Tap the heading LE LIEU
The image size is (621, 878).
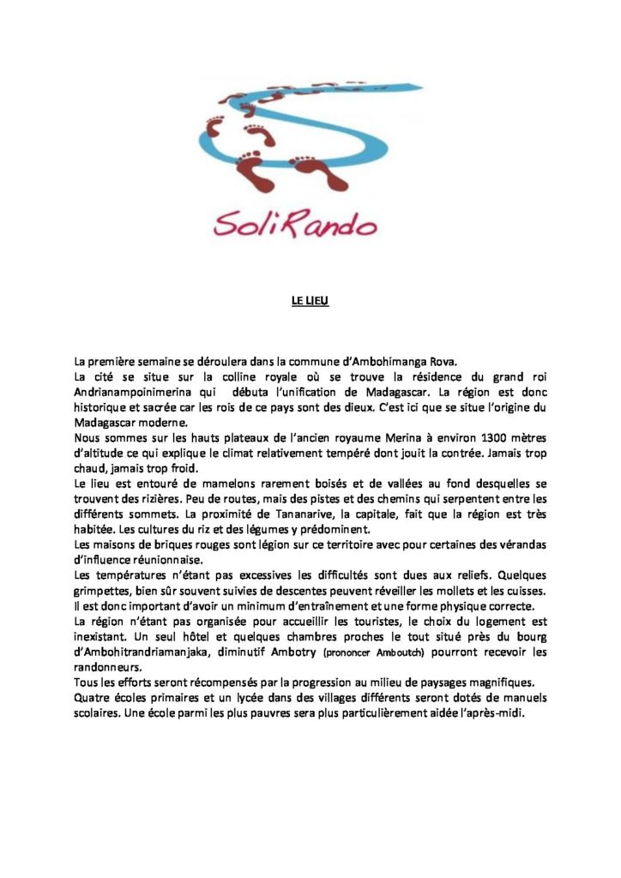pos(310,301)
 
